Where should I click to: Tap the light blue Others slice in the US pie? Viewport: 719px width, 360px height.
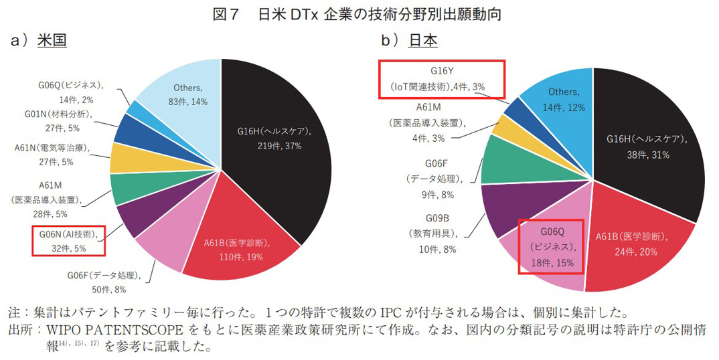click(187, 94)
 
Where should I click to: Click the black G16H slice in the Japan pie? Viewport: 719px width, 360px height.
click(643, 154)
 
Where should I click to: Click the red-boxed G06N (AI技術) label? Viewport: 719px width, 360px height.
click(68, 240)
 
